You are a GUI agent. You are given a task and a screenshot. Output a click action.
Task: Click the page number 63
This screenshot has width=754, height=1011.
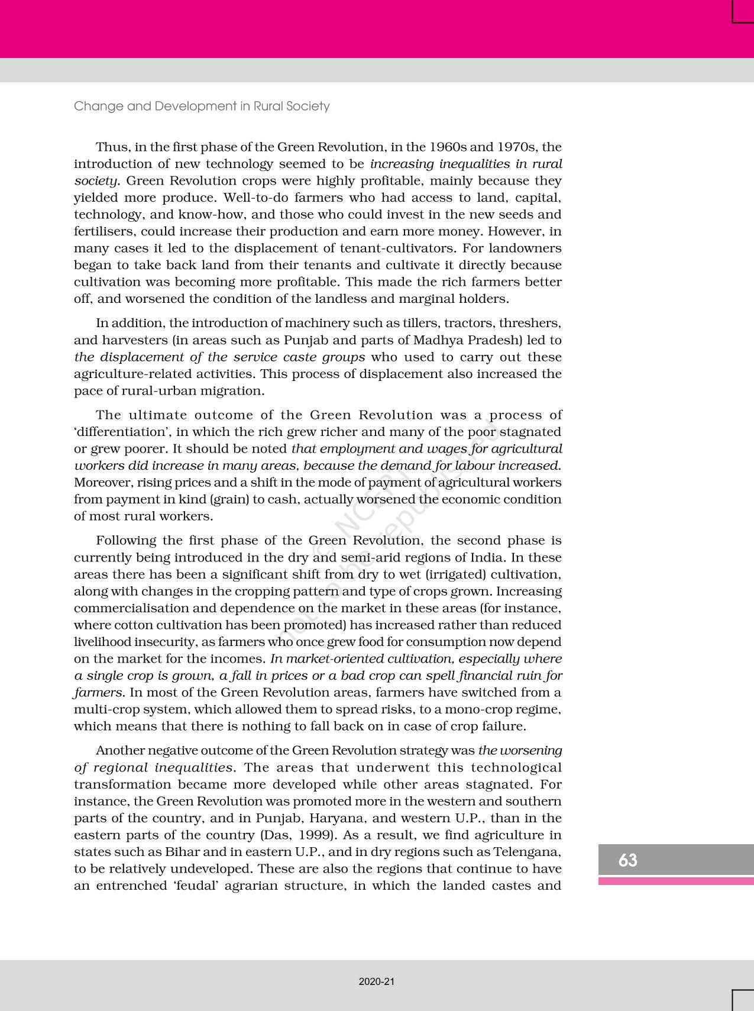[627, 860]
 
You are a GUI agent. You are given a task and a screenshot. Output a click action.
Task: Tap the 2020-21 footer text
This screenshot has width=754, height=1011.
[376, 981]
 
